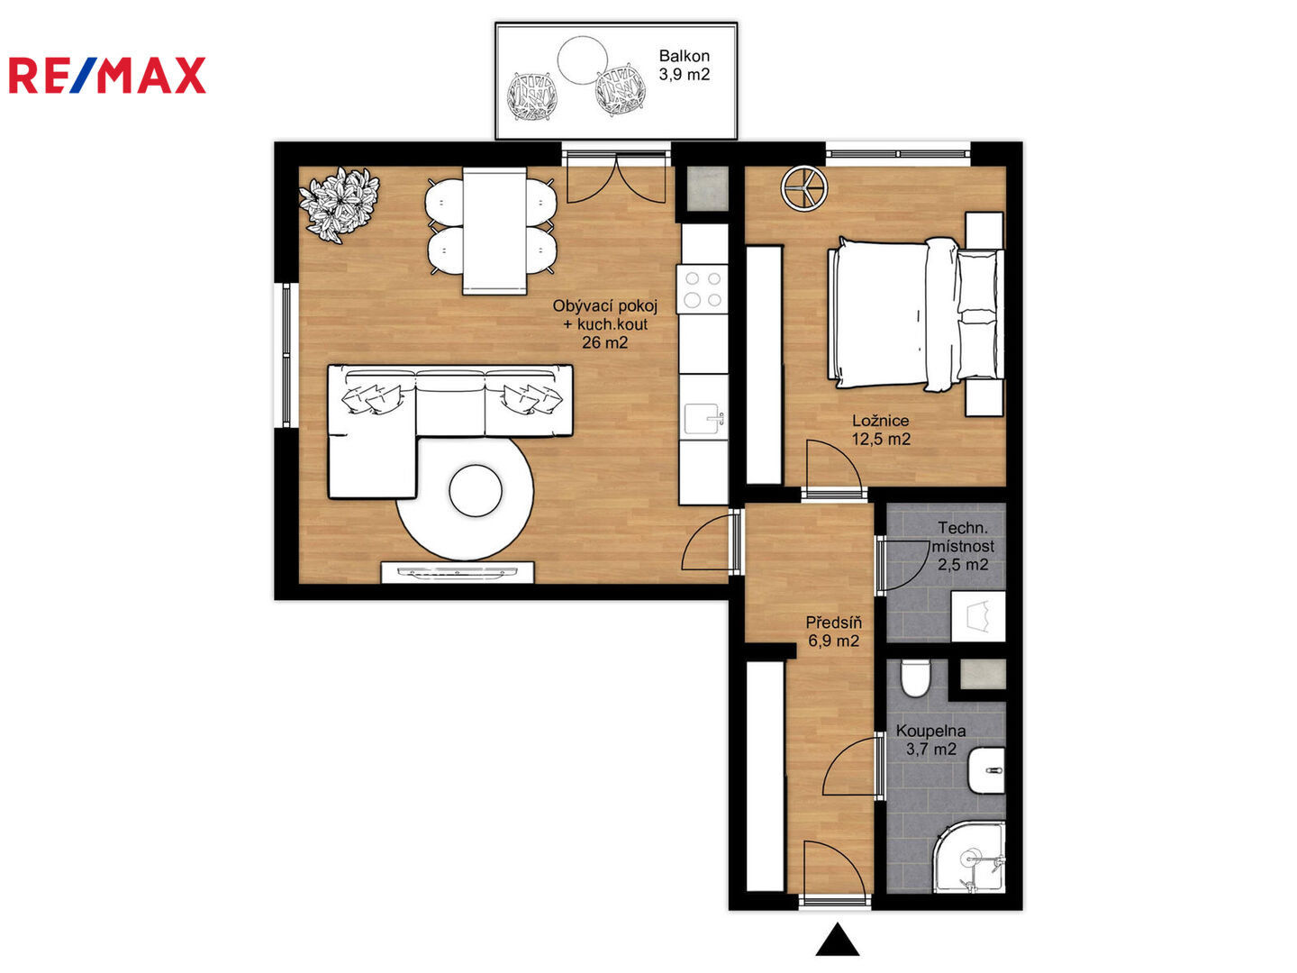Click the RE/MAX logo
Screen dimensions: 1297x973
[x=107, y=75]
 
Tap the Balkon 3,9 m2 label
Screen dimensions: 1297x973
[x=684, y=65]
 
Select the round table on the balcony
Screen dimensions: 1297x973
[x=582, y=59]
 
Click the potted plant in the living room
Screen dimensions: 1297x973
[x=340, y=205]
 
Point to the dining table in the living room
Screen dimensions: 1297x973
[x=494, y=231]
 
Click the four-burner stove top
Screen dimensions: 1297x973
[x=703, y=289]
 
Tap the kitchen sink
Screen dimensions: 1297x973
[x=703, y=418]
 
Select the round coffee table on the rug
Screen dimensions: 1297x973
[x=475, y=490]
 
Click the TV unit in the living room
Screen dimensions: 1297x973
[x=458, y=572]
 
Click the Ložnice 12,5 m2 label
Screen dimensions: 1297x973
[x=880, y=430]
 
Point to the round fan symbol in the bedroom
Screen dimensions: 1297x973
[x=804, y=188]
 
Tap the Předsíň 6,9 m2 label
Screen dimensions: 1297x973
[x=833, y=631]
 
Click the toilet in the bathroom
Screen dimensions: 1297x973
[x=915, y=677]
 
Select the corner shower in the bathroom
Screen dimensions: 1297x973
[x=968, y=856]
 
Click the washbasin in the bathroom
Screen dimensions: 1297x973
[x=986, y=770]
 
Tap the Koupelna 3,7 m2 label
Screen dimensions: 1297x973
[x=930, y=740]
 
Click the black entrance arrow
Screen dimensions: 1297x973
[x=838, y=939]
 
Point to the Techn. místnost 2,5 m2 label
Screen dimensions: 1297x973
[x=963, y=546]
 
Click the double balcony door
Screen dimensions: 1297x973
[x=616, y=177]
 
